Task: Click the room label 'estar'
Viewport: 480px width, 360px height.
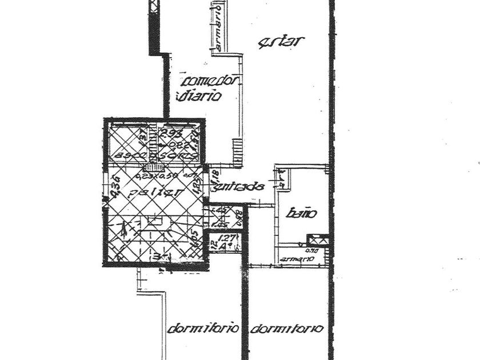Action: coord(281,41)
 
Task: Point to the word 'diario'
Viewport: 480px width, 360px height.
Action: coord(199,97)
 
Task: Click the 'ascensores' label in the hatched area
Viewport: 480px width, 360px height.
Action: coord(155,155)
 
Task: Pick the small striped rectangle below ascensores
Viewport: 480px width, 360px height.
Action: coord(153,167)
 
